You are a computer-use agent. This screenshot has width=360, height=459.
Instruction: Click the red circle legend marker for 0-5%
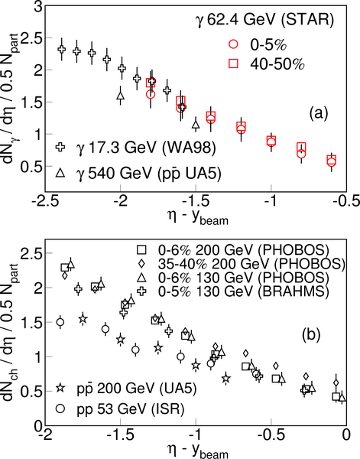pyautogui.click(x=234, y=44)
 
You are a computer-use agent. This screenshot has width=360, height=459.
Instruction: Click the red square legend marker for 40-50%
pyautogui.click(x=234, y=63)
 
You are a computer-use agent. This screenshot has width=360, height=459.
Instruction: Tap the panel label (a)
pyautogui.click(x=319, y=113)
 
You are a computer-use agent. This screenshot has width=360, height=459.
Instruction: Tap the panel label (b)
pyautogui.click(x=311, y=334)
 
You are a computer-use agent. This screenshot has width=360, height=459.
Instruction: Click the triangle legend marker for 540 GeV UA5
pyautogui.click(x=60, y=173)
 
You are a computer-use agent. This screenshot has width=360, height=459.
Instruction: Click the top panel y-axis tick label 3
pyautogui.click(x=38, y=7)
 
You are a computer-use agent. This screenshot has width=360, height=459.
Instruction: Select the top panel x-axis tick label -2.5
pyautogui.click(x=45, y=201)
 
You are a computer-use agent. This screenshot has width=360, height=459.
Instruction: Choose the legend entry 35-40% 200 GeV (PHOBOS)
pyautogui.click(x=241, y=263)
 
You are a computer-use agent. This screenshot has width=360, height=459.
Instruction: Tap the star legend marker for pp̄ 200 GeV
pyautogui.click(x=60, y=388)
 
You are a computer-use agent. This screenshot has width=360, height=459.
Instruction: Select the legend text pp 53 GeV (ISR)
pyautogui.click(x=131, y=409)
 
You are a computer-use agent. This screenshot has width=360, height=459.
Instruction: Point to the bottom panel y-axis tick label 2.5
pyautogui.click(x=31, y=253)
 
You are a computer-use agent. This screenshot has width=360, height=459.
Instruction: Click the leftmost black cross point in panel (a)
pyautogui.click(x=62, y=49)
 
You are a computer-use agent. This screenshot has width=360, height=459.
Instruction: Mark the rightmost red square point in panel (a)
pyautogui.click(x=332, y=160)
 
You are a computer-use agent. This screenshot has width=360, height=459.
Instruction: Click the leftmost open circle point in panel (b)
pyautogui.click(x=60, y=322)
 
